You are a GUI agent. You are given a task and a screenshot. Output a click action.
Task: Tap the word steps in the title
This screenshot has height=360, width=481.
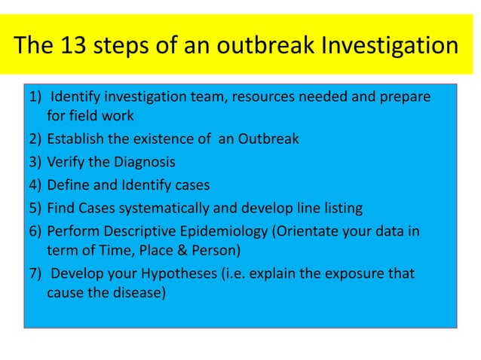coord(124,47)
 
